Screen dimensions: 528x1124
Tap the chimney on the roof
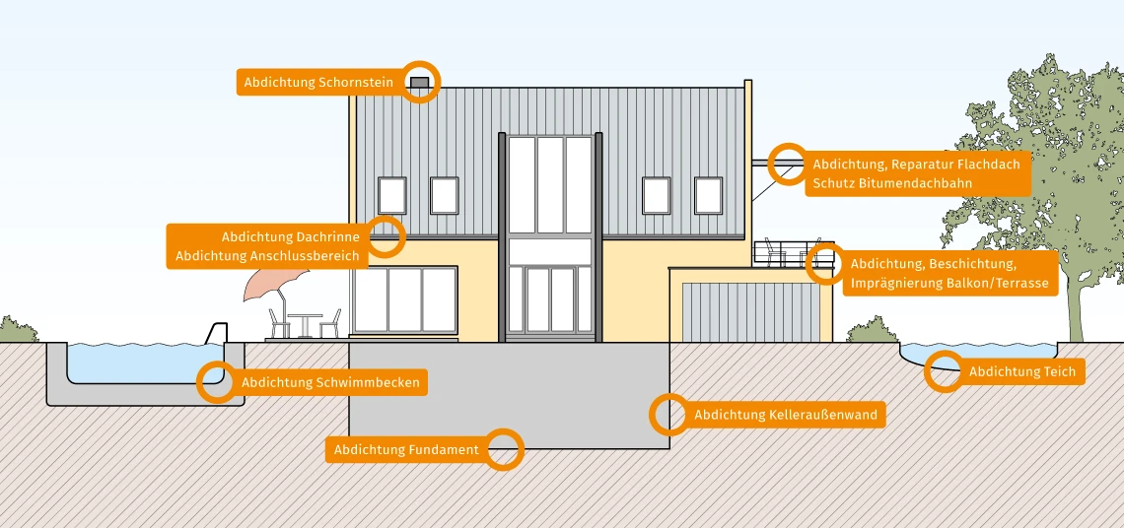click(420, 83)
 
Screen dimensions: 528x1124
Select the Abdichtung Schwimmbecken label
click(330, 382)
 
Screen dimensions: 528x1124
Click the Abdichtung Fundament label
click(406, 450)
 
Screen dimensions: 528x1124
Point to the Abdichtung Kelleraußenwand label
click(785, 415)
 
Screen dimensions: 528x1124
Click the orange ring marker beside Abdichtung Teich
click(945, 370)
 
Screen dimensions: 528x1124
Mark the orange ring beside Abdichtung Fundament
click(504, 450)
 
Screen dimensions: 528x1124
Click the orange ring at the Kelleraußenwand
click(668, 415)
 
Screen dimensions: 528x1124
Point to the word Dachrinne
click(333, 236)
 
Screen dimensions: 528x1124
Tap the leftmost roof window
click(392, 195)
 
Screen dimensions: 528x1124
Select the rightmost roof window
click(708, 195)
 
